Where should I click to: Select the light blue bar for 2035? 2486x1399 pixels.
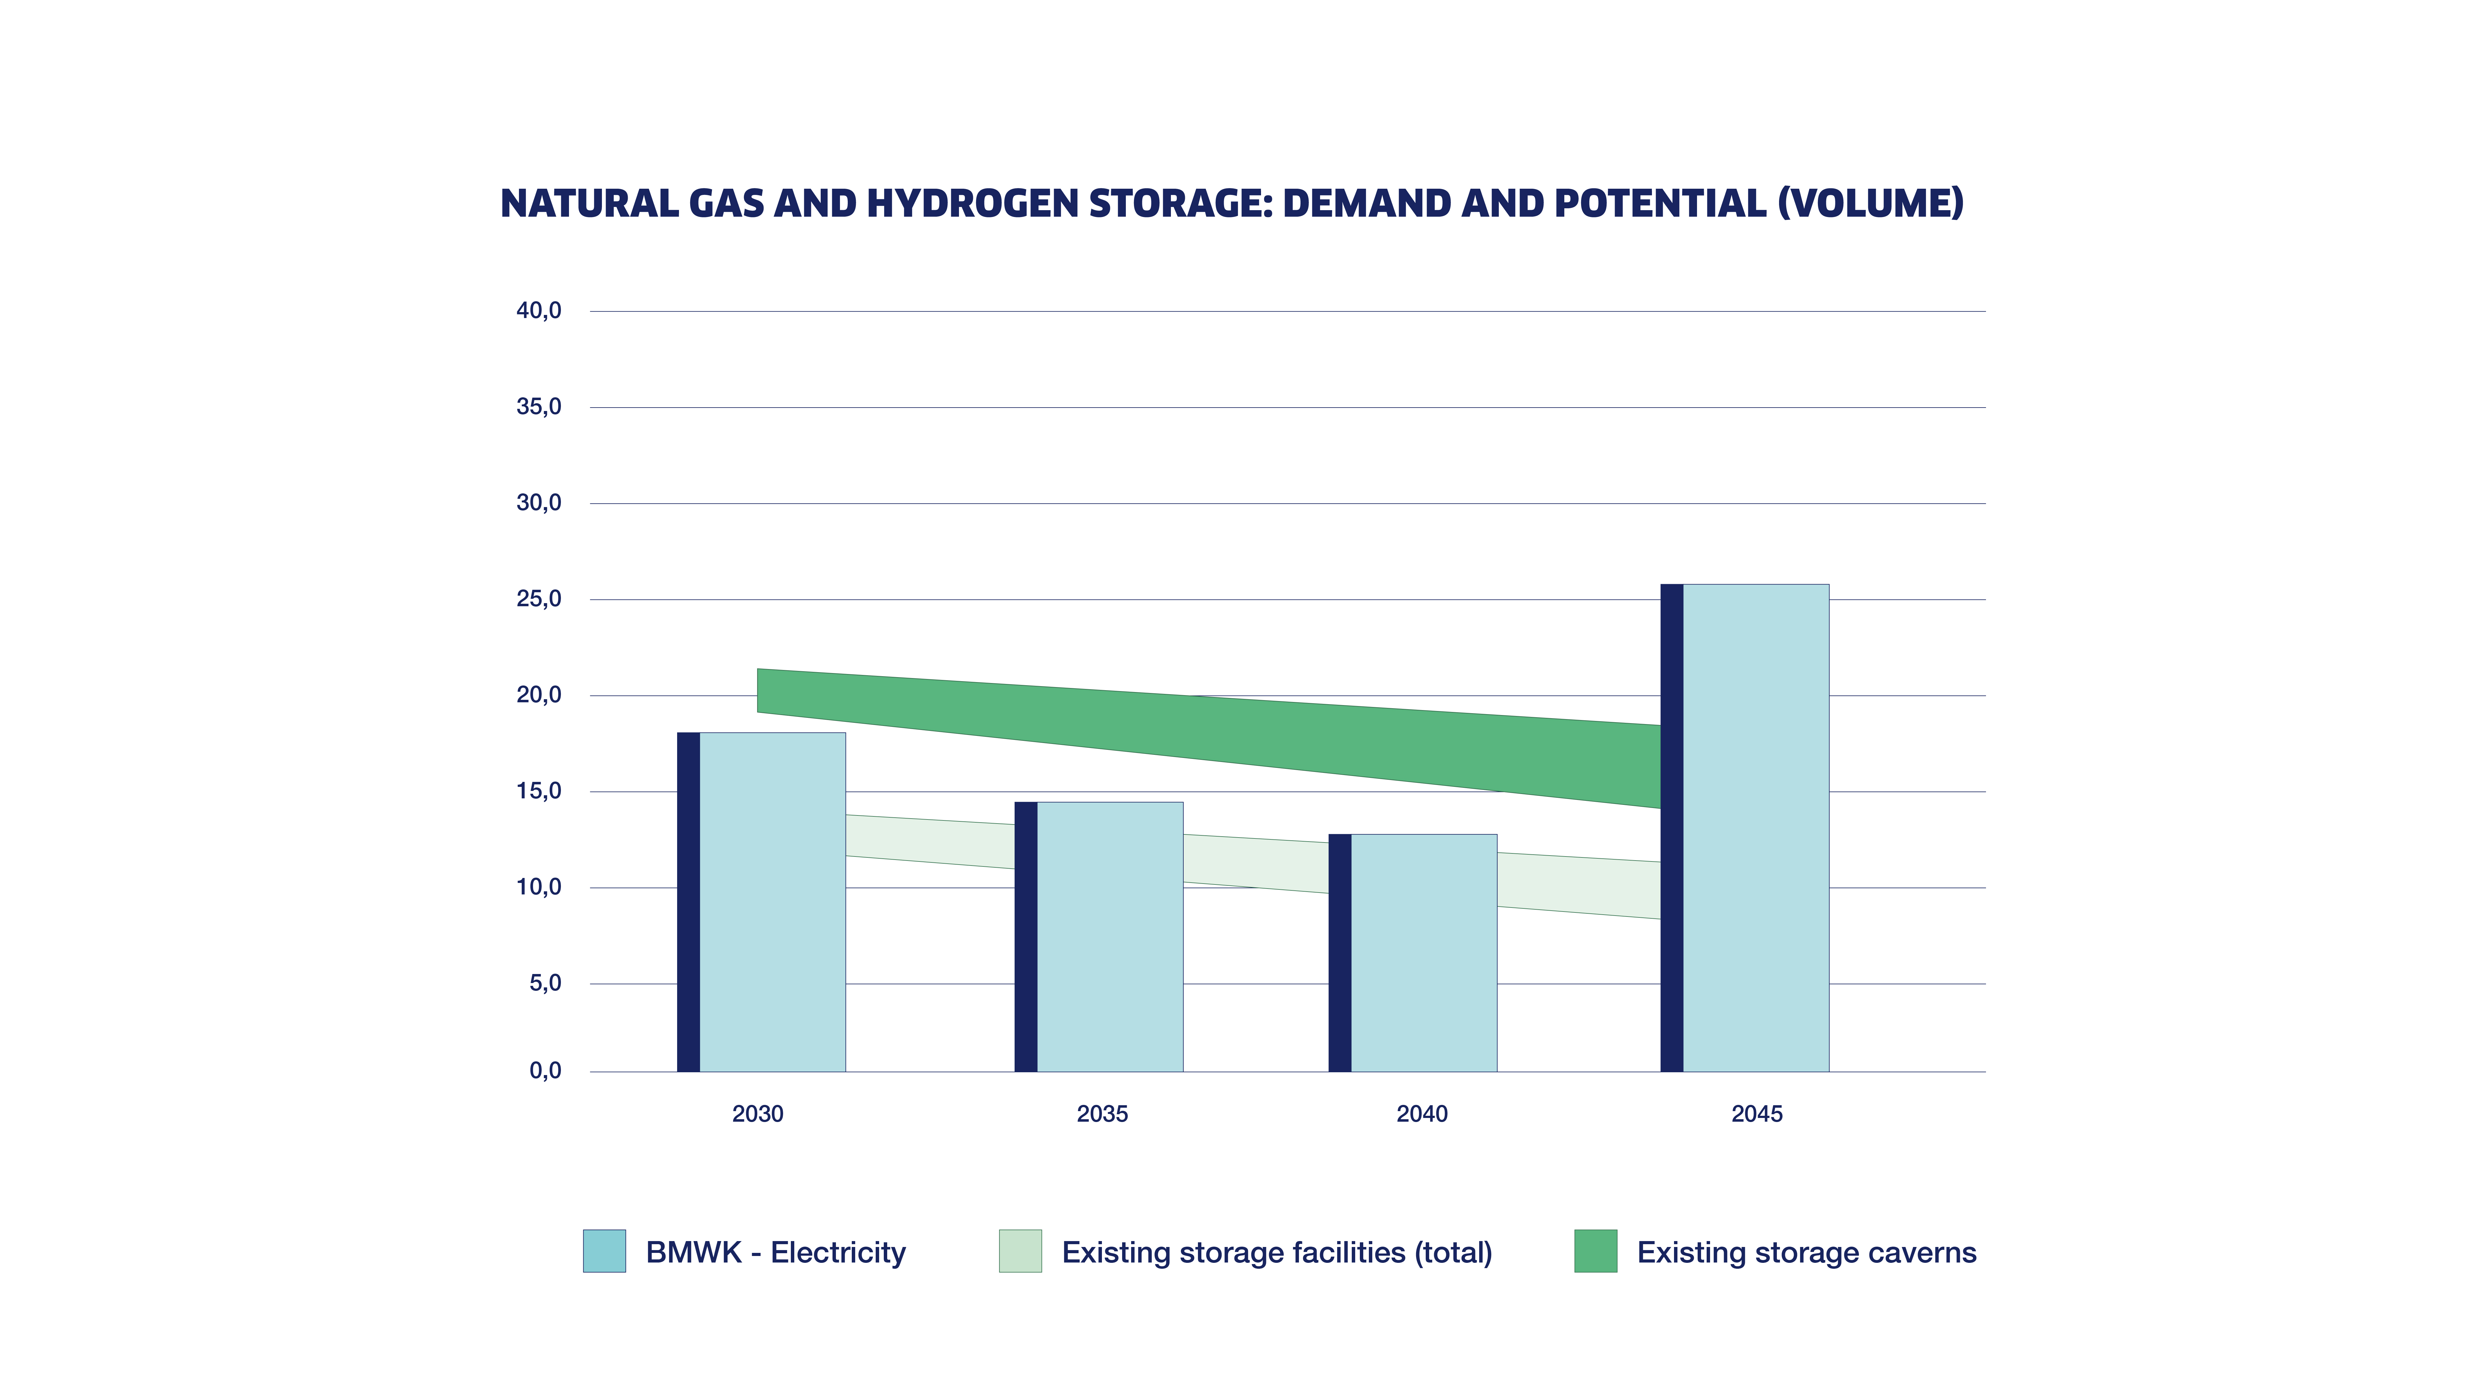1110,936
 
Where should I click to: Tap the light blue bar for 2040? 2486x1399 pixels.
1424,953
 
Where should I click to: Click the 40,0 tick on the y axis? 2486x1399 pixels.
539,311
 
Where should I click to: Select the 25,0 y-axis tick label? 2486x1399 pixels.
539,598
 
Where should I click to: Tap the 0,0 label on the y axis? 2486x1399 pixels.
545,1070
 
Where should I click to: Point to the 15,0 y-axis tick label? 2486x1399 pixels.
539,791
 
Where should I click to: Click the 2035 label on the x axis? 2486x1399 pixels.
1102,1114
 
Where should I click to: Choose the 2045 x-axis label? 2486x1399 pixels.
1756,1114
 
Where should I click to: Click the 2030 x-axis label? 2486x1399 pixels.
758,1114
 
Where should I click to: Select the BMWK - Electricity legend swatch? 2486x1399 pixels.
604,1251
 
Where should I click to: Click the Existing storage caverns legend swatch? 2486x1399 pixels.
1595,1251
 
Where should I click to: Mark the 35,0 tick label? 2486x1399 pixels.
539,406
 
